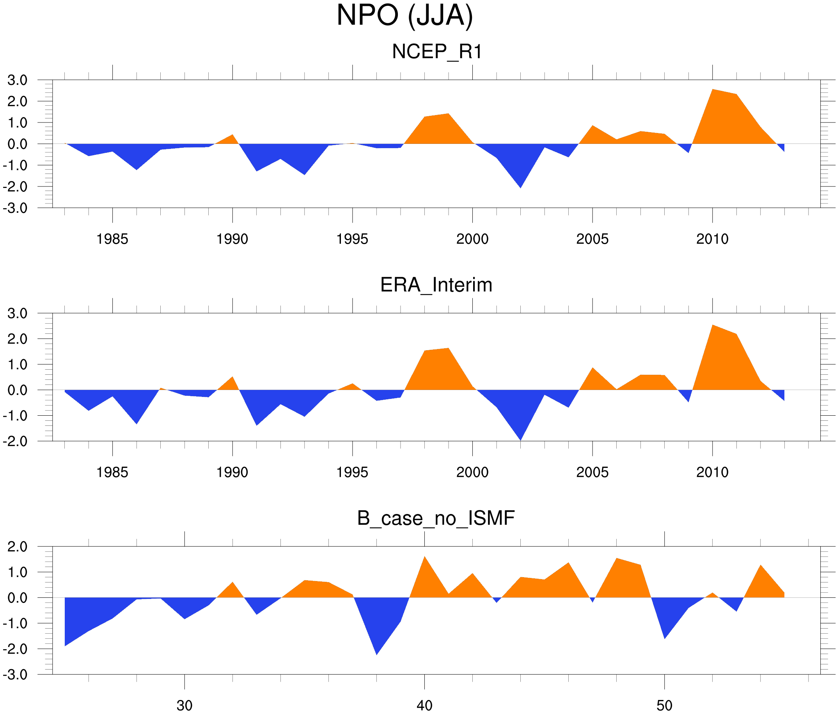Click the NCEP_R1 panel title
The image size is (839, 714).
437,52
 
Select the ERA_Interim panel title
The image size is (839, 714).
436,285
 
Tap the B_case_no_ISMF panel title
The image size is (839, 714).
436,518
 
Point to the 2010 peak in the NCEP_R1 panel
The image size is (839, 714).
713,90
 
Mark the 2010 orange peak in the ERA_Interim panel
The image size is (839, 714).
713,326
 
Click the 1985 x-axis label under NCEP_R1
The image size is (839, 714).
112,239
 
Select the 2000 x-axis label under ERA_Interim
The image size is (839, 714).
472,472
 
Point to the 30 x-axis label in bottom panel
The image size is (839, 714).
184,705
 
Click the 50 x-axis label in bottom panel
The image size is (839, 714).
664,705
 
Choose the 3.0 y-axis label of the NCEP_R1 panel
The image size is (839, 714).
18,80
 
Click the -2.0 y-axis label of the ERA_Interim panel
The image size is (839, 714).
15,441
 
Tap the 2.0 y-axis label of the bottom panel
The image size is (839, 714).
18,546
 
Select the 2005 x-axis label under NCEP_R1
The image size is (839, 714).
592,239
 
